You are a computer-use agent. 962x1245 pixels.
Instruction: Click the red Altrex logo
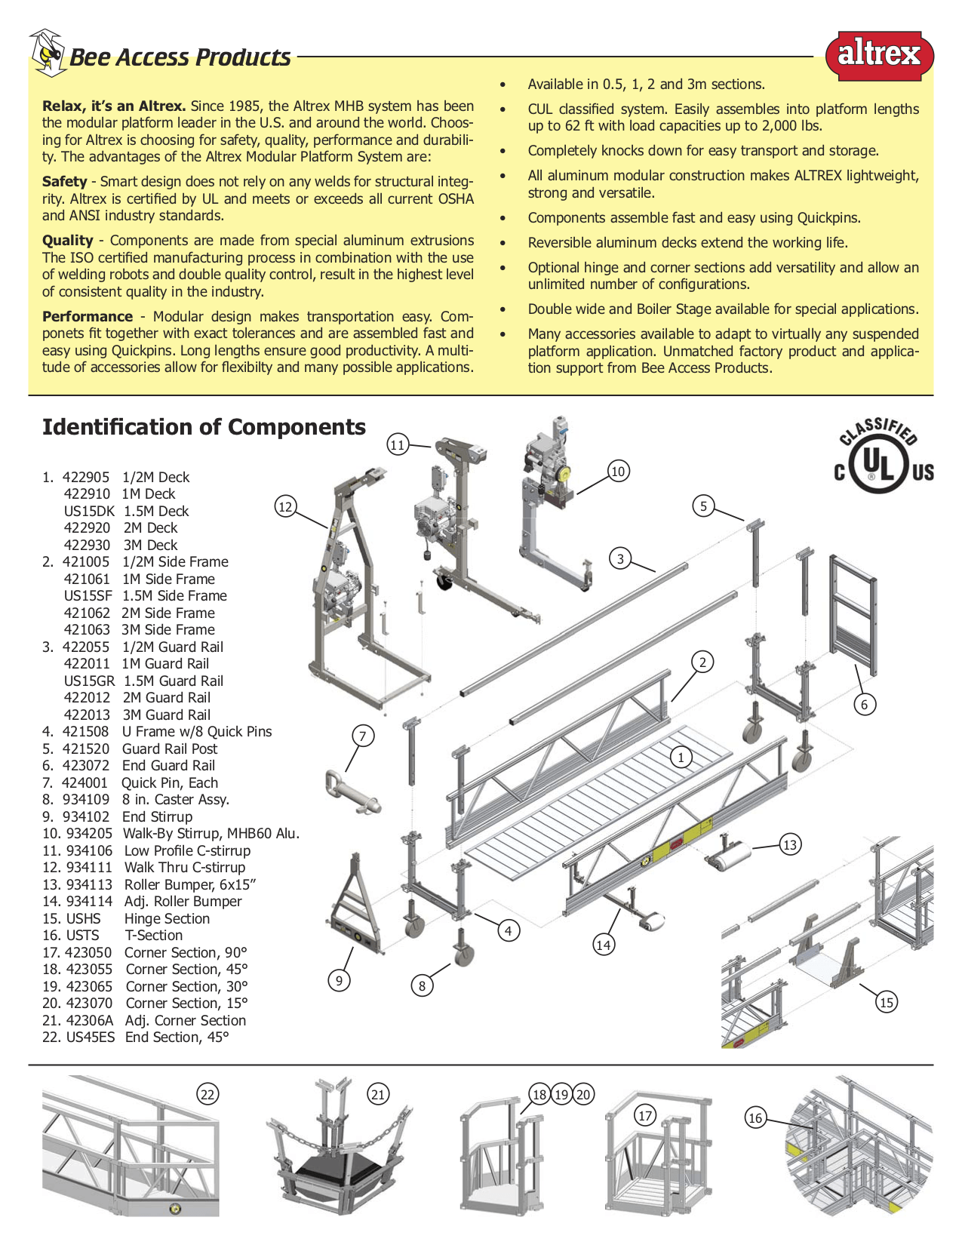coord(879,55)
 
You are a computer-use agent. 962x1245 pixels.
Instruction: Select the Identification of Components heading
coord(204,427)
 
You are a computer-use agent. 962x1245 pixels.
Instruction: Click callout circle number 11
coord(398,444)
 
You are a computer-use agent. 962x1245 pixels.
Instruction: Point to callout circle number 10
coord(618,472)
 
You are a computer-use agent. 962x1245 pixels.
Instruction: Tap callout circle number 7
coord(363,736)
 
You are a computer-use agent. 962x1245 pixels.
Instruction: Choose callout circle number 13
coord(790,844)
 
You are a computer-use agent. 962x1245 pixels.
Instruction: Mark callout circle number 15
coord(887,1002)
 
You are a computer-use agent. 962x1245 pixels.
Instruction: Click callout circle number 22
coord(207,1094)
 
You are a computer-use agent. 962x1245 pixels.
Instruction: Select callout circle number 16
coord(755,1117)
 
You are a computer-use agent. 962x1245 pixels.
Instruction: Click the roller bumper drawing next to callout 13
coord(729,856)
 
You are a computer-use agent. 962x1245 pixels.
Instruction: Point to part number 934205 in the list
coord(89,834)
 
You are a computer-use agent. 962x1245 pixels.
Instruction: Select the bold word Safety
coord(65,182)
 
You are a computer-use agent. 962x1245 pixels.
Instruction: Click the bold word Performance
coord(88,317)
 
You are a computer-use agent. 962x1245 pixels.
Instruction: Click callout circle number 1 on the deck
coord(681,756)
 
